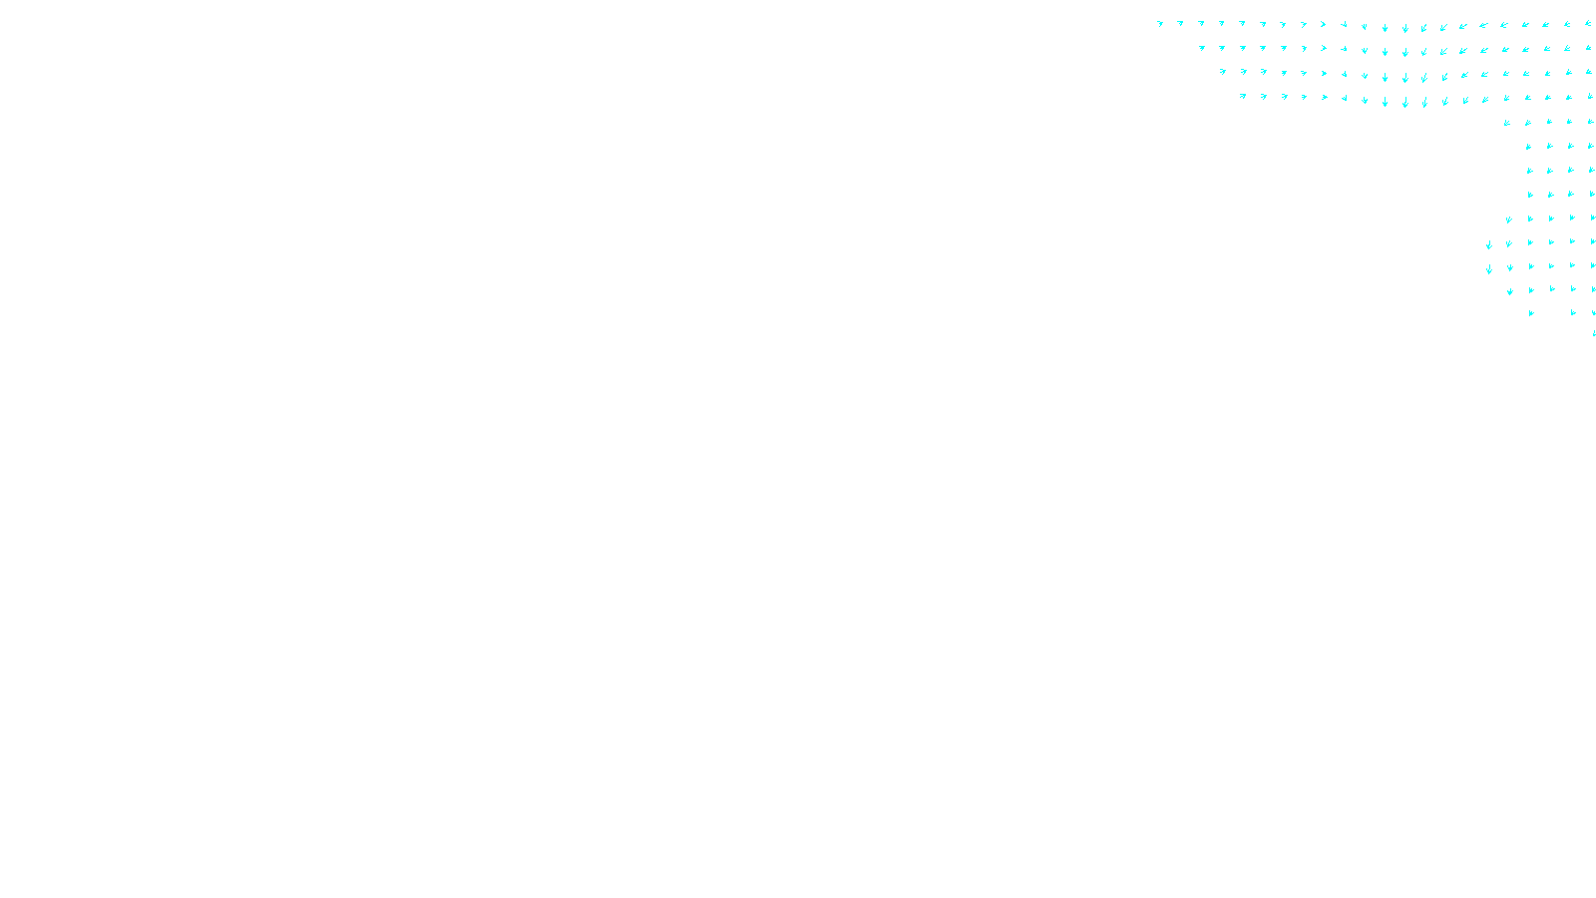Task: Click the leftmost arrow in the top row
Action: point(1160,23)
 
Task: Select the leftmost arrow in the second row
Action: point(1202,47)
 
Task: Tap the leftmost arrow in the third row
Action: point(1223,71)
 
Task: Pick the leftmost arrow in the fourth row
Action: point(1243,96)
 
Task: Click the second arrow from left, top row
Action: point(1181,23)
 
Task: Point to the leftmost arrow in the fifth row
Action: point(1507,123)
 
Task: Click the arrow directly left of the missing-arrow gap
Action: point(1531,313)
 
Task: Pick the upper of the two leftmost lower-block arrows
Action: point(1489,244)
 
